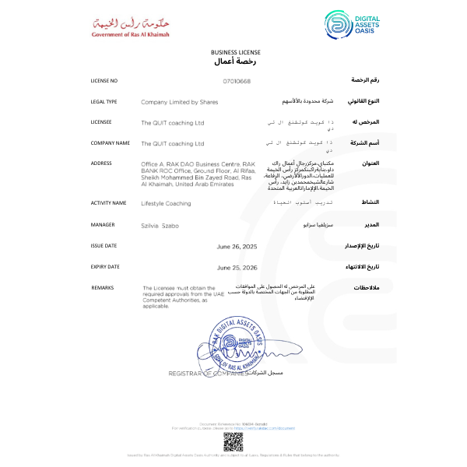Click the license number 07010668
click(237, 81)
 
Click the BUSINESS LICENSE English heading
click(233, 51)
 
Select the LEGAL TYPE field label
click(104, 101)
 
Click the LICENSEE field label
click(101, 122)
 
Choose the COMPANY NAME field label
click(110, 143)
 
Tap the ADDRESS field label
click(101, 163)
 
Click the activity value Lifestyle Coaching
click(166, 203)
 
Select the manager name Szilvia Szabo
click(160, 224)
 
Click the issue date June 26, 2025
click(237, 245)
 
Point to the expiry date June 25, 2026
click(237, 266)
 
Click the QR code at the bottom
click(233, 441)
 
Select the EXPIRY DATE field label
click(105, 266)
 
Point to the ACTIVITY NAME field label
click(108, 203)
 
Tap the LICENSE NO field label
click(104, 81)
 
